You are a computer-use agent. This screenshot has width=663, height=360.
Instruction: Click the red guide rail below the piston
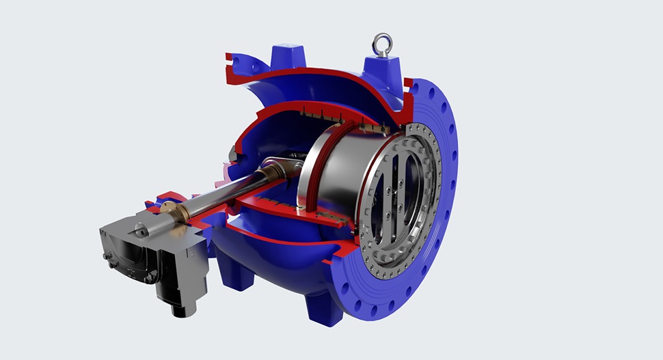pyautogui.click(x=308, y=212)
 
